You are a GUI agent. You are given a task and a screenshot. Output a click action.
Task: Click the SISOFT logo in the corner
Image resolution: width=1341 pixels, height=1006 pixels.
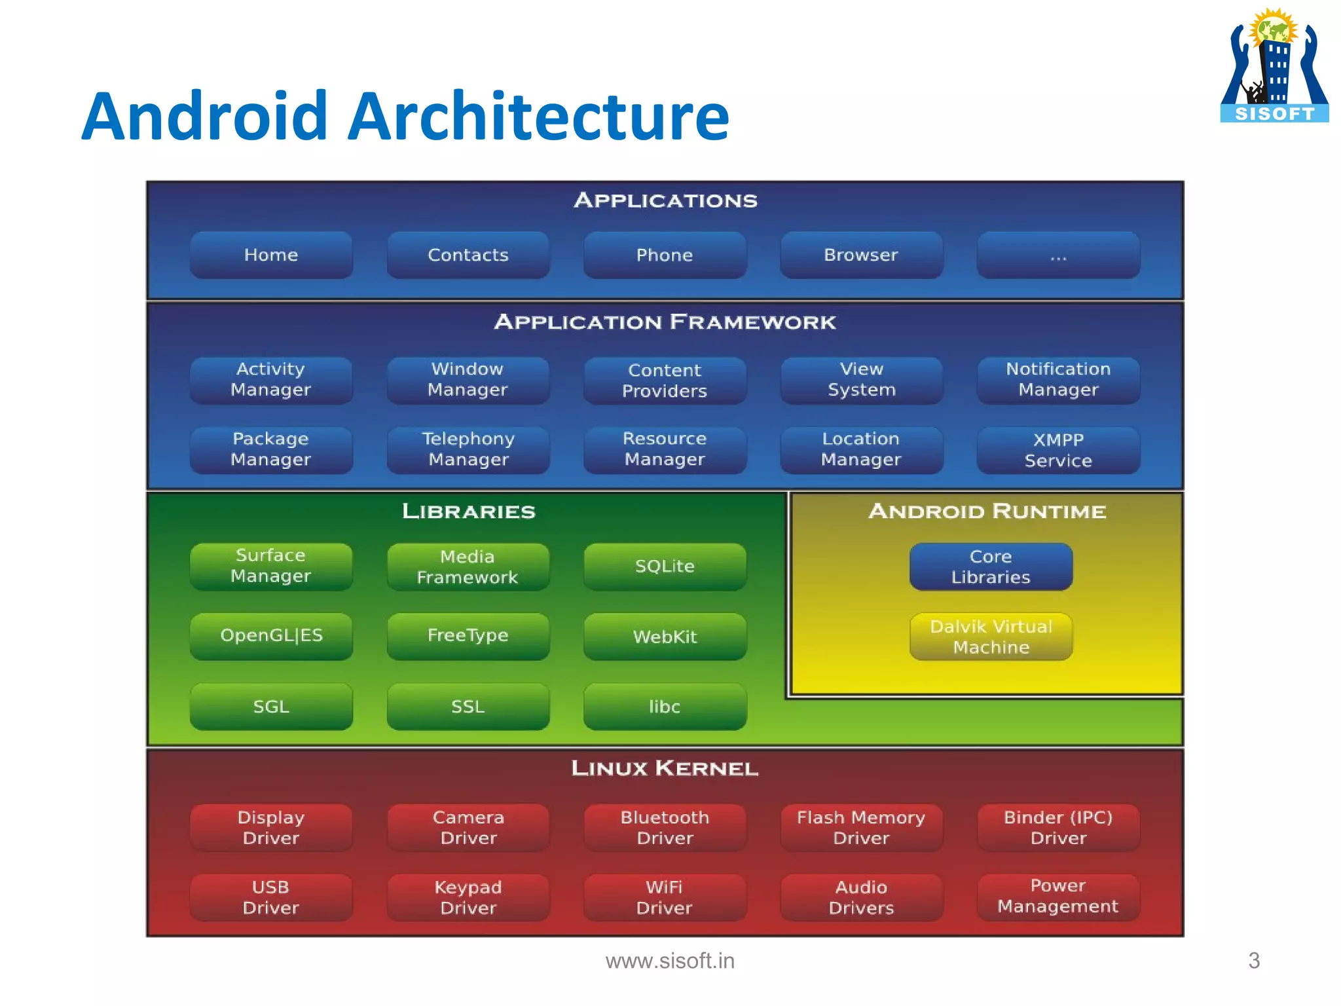pos(1274,65)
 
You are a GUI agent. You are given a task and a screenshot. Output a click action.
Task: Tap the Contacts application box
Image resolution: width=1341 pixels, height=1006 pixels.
pos(468,255)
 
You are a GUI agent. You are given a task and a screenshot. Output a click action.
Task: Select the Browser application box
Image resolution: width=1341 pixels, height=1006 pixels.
pos(861,255)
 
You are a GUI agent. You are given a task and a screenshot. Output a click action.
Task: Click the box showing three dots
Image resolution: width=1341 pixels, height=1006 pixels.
pos(1058,255)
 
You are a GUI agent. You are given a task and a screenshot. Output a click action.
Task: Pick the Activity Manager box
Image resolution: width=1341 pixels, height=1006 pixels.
pos(270,380)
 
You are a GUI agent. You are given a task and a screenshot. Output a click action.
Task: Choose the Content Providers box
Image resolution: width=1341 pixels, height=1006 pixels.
pos(665,381)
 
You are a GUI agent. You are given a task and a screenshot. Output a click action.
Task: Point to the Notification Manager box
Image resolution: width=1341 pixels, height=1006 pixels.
pos(1058,380)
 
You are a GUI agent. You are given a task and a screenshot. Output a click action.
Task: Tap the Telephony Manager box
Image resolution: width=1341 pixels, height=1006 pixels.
pos(468,449)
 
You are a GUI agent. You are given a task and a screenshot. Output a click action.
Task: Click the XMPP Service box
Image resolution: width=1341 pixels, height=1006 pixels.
pos(1058,450)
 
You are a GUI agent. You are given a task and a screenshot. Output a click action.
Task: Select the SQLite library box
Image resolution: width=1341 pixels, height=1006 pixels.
pos(665,567)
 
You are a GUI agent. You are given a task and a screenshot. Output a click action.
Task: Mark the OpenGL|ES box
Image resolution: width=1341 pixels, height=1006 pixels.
pos(270,636)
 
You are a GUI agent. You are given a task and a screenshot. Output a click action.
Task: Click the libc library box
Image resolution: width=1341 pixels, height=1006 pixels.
pos(665,707)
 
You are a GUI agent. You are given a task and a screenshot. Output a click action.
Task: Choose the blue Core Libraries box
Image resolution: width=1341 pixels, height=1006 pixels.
pos(991,567)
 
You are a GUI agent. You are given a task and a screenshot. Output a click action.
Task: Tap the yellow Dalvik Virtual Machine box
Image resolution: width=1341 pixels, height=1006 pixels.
pos(991,637)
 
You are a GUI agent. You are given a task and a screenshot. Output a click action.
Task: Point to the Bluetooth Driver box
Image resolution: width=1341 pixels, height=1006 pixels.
pos(665,828)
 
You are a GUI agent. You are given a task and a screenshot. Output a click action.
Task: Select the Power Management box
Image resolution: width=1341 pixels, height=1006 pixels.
pos(1058,897)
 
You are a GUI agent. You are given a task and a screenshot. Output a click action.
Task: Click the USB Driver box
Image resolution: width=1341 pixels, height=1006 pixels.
pos(270,897)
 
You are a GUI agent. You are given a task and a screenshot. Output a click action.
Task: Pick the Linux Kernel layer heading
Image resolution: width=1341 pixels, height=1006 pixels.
pos(665,768)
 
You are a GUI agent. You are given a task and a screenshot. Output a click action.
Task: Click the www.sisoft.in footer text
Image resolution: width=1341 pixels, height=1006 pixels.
pos(670,961)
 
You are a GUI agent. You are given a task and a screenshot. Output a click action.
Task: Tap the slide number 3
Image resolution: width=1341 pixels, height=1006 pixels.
pos(1253,961)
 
